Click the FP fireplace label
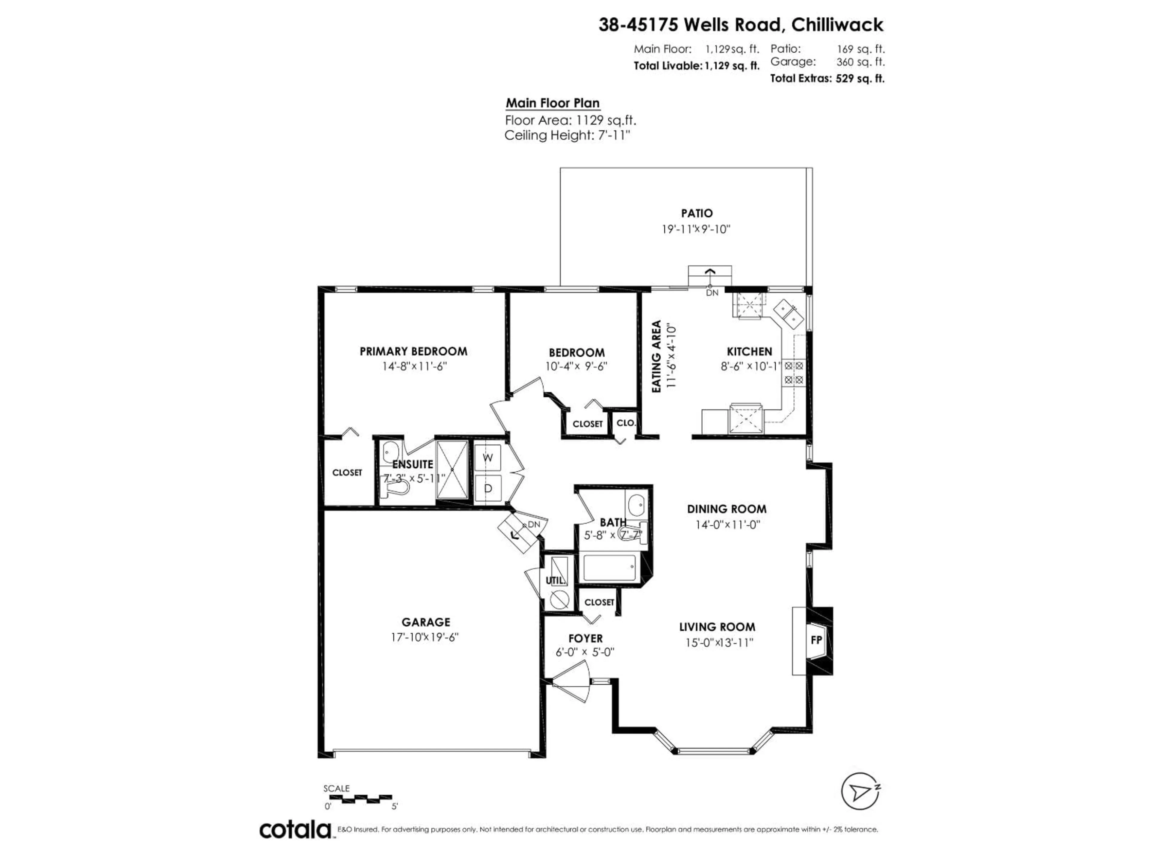pos(816,640)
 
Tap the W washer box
pos(488,458)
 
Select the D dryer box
pos(488,488)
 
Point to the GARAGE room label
pos(426,622)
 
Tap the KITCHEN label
pos(749,352)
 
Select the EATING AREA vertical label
pos(657,356)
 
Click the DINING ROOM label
pos(726,509)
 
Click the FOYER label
pos(585,638)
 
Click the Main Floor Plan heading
pos(553,103)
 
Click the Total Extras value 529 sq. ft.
pos(860,79)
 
